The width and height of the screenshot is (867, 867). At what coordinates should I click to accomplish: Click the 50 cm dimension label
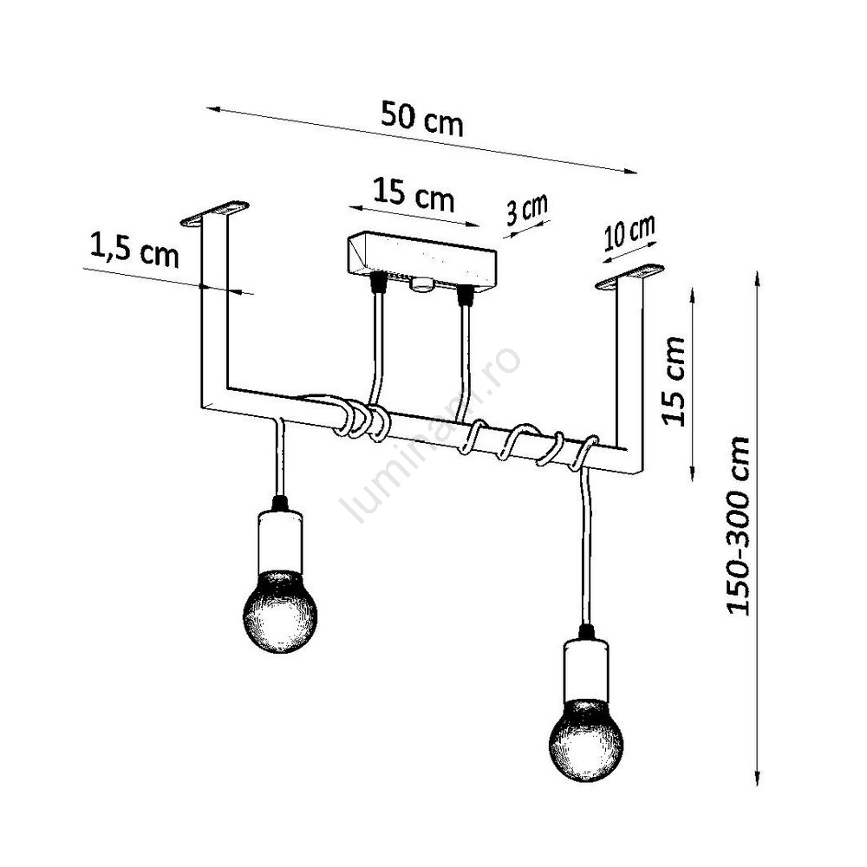coord(422,118)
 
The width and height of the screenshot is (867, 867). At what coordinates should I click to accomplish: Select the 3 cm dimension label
coord(527,210)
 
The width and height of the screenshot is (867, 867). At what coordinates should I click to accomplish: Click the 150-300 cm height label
coord(737,525)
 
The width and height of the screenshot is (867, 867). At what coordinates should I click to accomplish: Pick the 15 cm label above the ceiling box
coord(414,194)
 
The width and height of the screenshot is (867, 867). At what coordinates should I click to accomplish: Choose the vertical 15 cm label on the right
coord(673,381)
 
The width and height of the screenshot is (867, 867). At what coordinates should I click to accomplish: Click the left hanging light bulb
coord(280,612)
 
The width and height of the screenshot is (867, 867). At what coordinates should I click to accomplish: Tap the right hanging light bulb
coord(586,740)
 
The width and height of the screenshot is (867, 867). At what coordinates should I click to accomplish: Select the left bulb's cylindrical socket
coord(280,542)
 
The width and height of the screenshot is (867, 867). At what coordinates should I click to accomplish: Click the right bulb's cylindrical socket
coord(586,670)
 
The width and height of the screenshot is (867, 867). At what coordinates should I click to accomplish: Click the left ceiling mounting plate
coord(215,213)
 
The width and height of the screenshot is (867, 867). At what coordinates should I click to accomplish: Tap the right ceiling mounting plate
coord(629,276)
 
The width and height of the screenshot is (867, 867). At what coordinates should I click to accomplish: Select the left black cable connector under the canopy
coord(379,280)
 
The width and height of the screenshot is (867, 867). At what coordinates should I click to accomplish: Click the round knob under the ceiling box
coord(423,284)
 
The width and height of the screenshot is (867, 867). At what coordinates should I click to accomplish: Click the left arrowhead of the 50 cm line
coord(214,110)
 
